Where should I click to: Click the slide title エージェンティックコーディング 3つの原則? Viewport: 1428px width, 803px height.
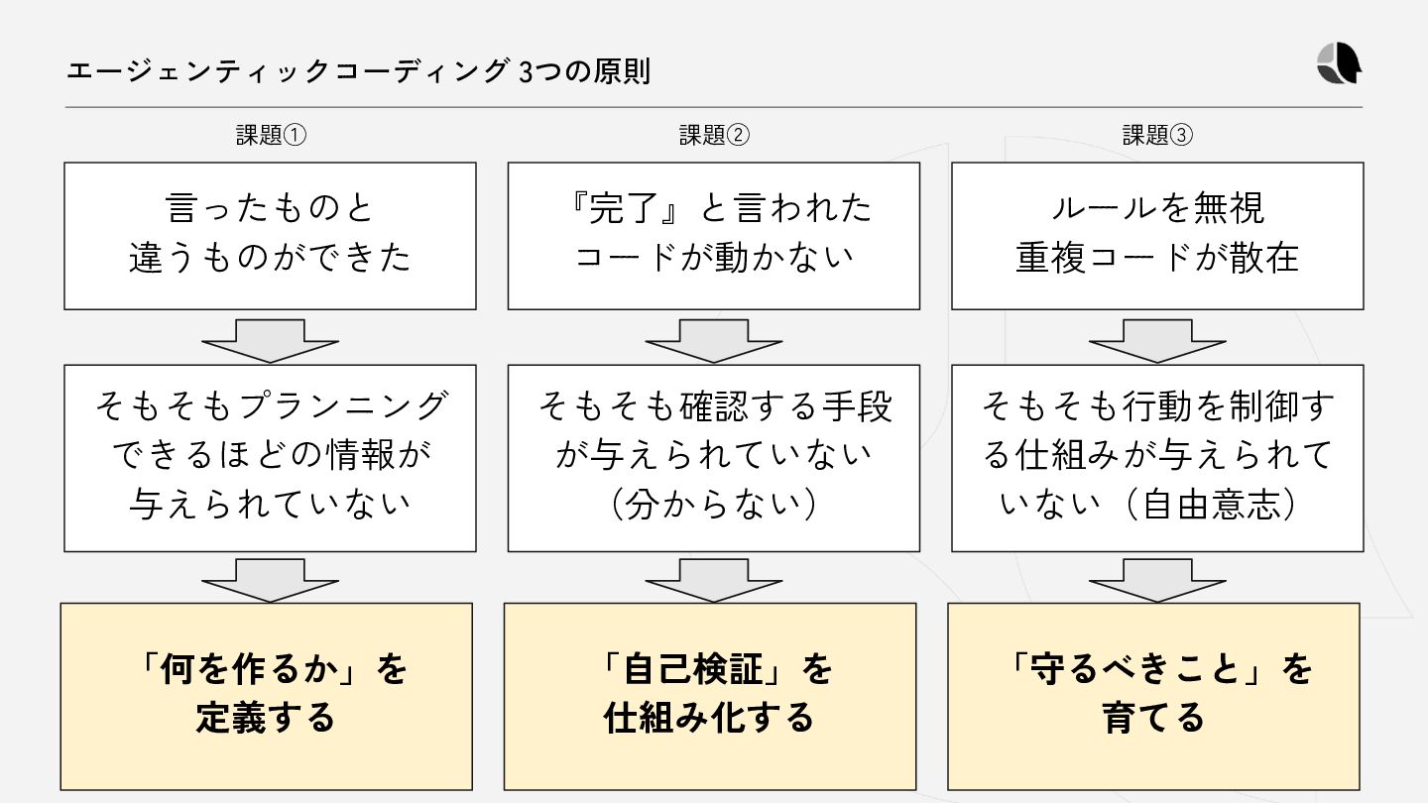(x=358, y=72)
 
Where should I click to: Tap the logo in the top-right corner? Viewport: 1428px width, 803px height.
(x=1339, y=65)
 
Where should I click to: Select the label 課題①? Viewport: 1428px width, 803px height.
(x=271, y=136)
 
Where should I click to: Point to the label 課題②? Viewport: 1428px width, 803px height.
(x=714, y=136)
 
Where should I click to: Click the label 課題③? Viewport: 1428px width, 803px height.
(x=1157, y=136)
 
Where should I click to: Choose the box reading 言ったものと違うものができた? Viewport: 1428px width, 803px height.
(x=270, y=236)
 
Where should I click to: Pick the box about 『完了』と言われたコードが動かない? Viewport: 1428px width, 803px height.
(x=713, y=236)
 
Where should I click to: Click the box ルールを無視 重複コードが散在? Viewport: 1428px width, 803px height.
(x=1157, y=236)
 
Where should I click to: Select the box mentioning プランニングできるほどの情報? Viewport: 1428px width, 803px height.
(x=270, y=458)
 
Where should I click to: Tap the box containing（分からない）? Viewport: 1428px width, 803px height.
(x=713, y=458)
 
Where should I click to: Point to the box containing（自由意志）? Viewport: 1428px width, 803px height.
(x=1157, y=458)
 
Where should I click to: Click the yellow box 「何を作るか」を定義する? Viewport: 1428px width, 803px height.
(x=267, y=696)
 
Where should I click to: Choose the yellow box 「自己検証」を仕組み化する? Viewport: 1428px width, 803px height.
(x=710, y=696)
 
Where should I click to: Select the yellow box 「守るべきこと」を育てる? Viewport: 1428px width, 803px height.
(x=1153, y=696)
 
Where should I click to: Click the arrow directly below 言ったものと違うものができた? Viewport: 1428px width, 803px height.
(x=270, y=340)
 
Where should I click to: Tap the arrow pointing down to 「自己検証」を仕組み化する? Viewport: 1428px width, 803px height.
(x=713, y=580)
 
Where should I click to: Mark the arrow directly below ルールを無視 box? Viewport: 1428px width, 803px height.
(x=1157, y=340)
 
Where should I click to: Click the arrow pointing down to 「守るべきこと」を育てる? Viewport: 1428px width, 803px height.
(x=1157, y=580)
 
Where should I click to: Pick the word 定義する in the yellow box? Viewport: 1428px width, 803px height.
(x=265, y=718)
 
